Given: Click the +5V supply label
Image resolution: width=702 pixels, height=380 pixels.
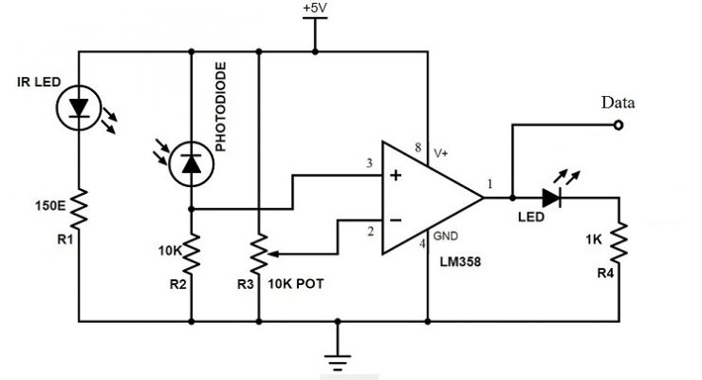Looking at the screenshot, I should coord(314,9).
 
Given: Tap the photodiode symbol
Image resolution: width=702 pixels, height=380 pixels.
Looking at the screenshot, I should coord(191,164).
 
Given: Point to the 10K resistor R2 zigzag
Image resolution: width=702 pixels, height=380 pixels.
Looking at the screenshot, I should coord(191,252).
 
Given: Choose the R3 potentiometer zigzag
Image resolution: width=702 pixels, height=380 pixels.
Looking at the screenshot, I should coord(259,253).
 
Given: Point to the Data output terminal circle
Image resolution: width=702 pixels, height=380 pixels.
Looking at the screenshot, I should coord(619,124).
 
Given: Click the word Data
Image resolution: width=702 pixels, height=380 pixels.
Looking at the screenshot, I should coord(617,103).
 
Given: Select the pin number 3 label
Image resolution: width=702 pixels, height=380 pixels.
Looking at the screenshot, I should coord(369,164).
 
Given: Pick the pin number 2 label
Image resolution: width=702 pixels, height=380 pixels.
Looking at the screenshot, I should coord(371,231).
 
